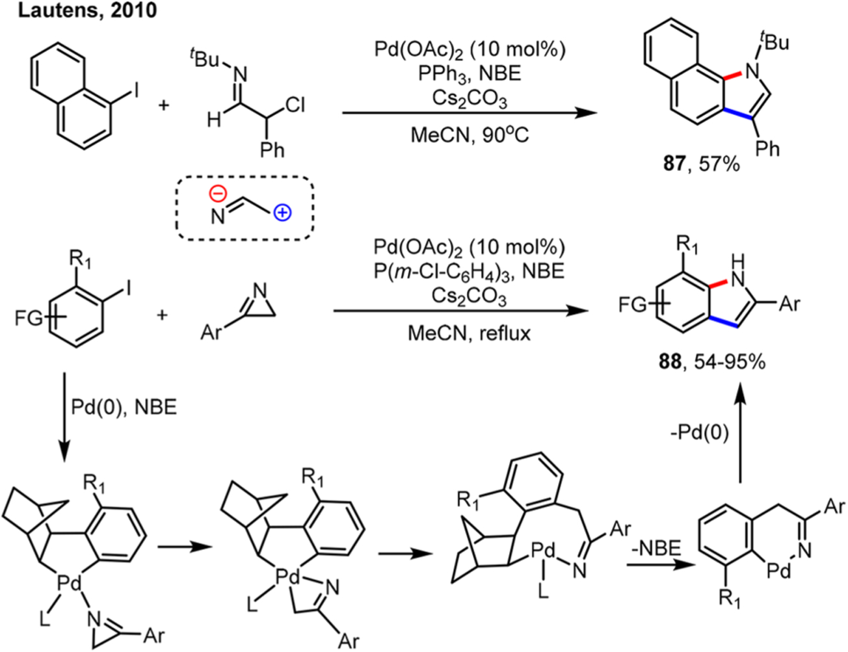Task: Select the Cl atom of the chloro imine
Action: tap(294, 105)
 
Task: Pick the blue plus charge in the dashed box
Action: tap(282, 213)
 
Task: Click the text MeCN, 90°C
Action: tap(469, 135)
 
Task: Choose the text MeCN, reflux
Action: tap(469, 333)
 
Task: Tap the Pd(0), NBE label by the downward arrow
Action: tap(124, 408)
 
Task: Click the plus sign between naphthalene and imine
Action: tap(163, 104)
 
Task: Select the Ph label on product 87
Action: tap(767, 149)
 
